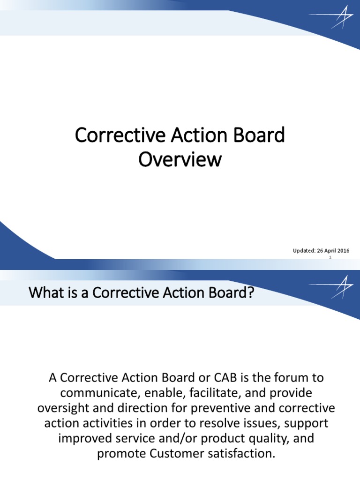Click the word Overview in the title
180,159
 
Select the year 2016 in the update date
343,251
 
